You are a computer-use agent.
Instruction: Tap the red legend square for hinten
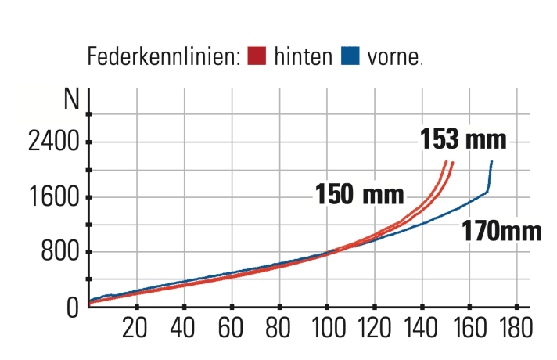257,56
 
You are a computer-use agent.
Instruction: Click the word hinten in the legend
304,57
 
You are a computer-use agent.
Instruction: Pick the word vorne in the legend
393,58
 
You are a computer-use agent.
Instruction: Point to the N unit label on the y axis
72,99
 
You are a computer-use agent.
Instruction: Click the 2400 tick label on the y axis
53,143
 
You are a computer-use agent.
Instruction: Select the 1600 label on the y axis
53,197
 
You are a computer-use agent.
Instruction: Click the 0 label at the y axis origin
72,307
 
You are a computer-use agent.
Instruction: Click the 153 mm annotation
463,139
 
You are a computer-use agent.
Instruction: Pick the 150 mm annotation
360,193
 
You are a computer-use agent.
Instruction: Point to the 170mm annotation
501,232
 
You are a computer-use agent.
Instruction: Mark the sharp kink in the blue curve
487,192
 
